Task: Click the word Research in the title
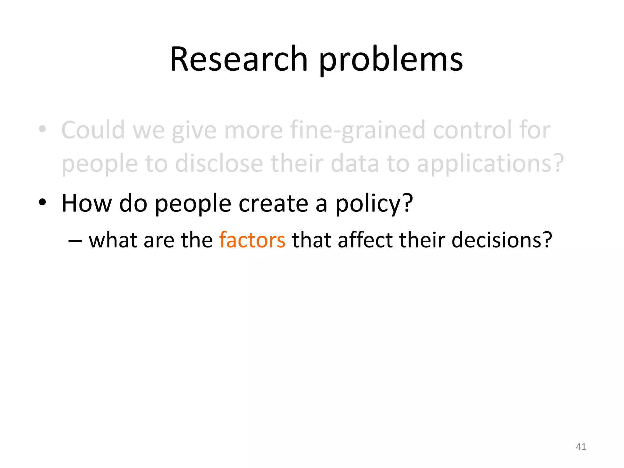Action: (239, 59)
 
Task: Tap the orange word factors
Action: (252, 240)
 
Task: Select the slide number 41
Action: (581, 447)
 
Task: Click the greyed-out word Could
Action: (93, 130)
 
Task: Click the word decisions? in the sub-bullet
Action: (502, 240)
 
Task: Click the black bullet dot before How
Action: (42, 202)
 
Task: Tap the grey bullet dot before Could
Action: (42, 129)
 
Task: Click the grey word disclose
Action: (219, 164)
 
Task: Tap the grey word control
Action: (472, 130)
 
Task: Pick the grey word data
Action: (355, 164)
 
